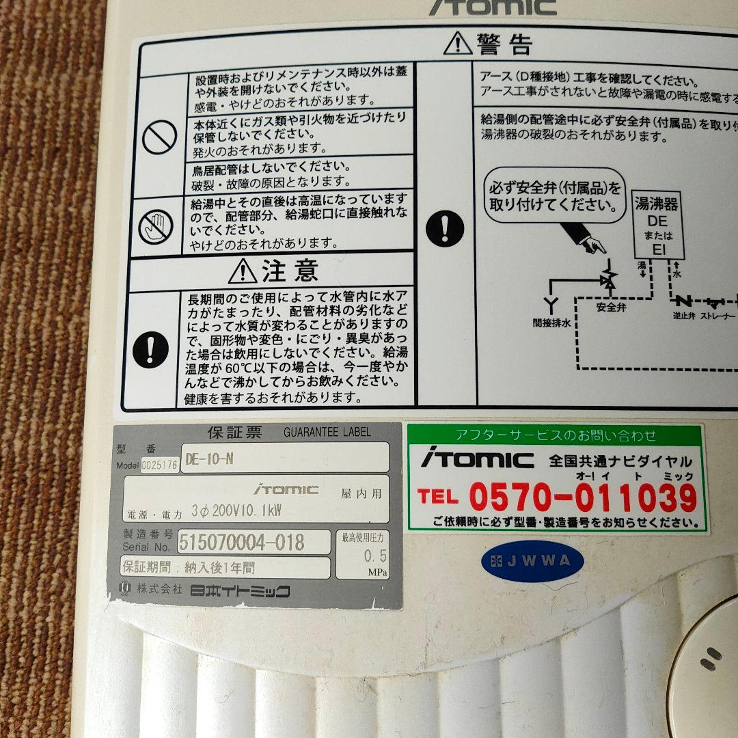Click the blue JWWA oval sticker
pyautogui.click(x=532, y=562)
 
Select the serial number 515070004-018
pyautogui.click(x=241, y=542)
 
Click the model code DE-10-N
pyautogui.click(x=209, y=459)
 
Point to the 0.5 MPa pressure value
pyautogui.click(x=375, y=555)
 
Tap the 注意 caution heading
pyautogui.click(x=273, y=271)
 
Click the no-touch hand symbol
pyautogui.click(x=156, y=226)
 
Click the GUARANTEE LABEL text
pyautogui.click(x=327, y=432)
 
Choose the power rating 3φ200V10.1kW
pyautogui.click(x=237, y=510)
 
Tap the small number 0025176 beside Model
pyautogui.click(x=159, y=466)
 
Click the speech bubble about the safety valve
pyautogui.click(x=555, y=196)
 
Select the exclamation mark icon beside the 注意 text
pyautogui.click(x=152, y=348)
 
